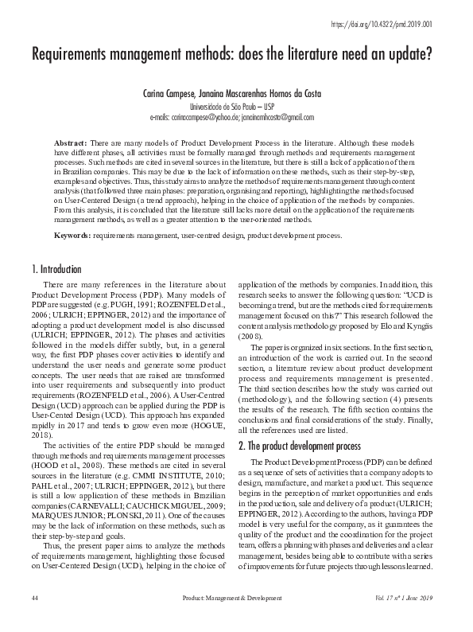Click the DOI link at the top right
(392, 25)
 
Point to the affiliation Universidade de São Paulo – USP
(236, 105)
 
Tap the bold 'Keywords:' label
(72, 236)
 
